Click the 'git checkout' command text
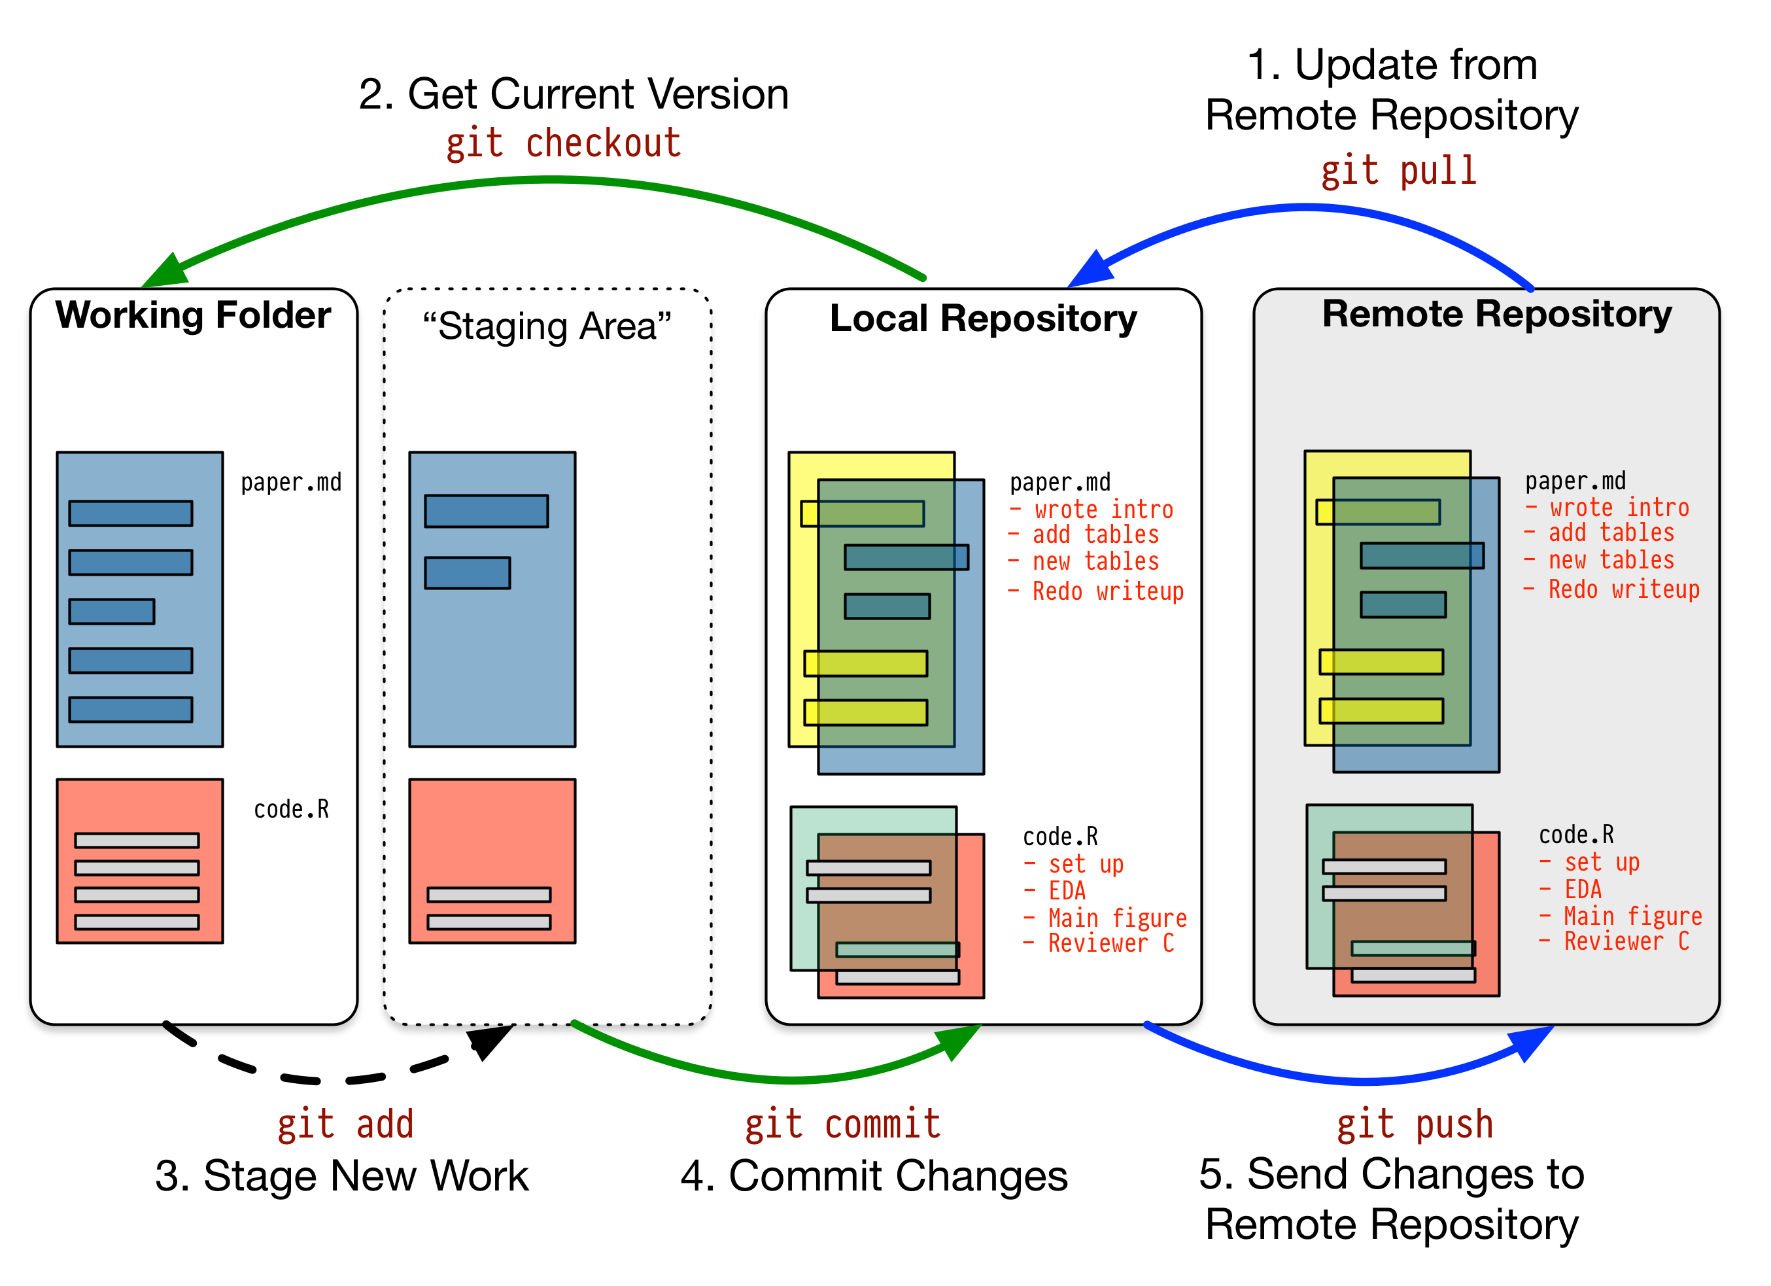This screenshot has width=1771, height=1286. point(563,145)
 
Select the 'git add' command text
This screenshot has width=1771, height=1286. point(345,1124)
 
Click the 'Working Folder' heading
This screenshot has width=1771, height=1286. point(193,315)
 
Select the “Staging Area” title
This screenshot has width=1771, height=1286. point(547,326)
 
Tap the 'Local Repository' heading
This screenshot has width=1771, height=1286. point(982,319)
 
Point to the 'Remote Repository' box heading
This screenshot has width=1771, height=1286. point(1496,315)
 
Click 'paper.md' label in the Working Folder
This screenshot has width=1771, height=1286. point(290,483)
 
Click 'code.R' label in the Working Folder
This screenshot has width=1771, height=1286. point(291,809)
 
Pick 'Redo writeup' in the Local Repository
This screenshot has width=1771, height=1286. point(1107,591)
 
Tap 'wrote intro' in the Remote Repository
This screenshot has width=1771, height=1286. point(1619,508)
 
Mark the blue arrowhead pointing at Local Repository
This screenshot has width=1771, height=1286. point(1090,271)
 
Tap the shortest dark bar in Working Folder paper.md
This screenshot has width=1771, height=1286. point(112,612)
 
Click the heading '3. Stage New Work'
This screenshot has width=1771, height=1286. point(341,1176)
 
